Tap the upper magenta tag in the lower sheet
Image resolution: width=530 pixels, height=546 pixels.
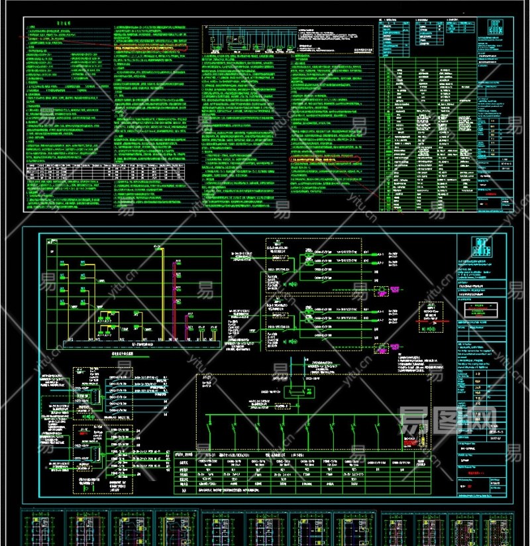(380, 291)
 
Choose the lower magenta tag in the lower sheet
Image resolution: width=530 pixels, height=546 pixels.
(380, 349)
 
